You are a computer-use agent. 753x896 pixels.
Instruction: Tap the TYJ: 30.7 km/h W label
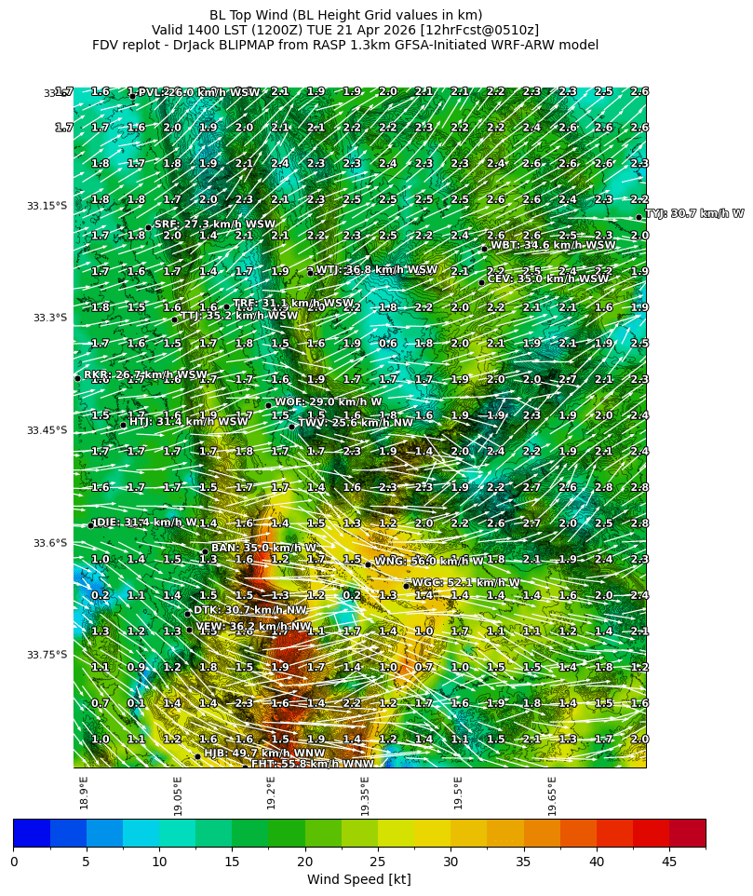(x=694, y=213)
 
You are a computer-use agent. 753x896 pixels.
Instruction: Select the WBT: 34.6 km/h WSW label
(x=553, y=245)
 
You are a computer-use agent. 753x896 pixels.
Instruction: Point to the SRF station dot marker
(x=148, y=227)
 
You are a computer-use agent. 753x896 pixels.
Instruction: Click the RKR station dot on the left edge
(x=77, y=378)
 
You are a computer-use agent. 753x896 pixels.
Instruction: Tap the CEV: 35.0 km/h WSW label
(x=548, y=278)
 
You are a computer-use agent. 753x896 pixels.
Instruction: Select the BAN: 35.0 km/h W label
(x=264, y=548)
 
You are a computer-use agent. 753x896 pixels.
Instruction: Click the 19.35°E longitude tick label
(x=366, y=792)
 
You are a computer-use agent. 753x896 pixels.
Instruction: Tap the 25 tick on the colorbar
(x=378, y=861)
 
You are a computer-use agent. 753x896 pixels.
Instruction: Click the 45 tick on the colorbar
(x=669, y=861)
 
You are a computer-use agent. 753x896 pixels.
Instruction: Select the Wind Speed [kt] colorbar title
(x=359, y=879)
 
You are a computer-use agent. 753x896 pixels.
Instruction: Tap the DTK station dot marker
(x=187, y=614)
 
